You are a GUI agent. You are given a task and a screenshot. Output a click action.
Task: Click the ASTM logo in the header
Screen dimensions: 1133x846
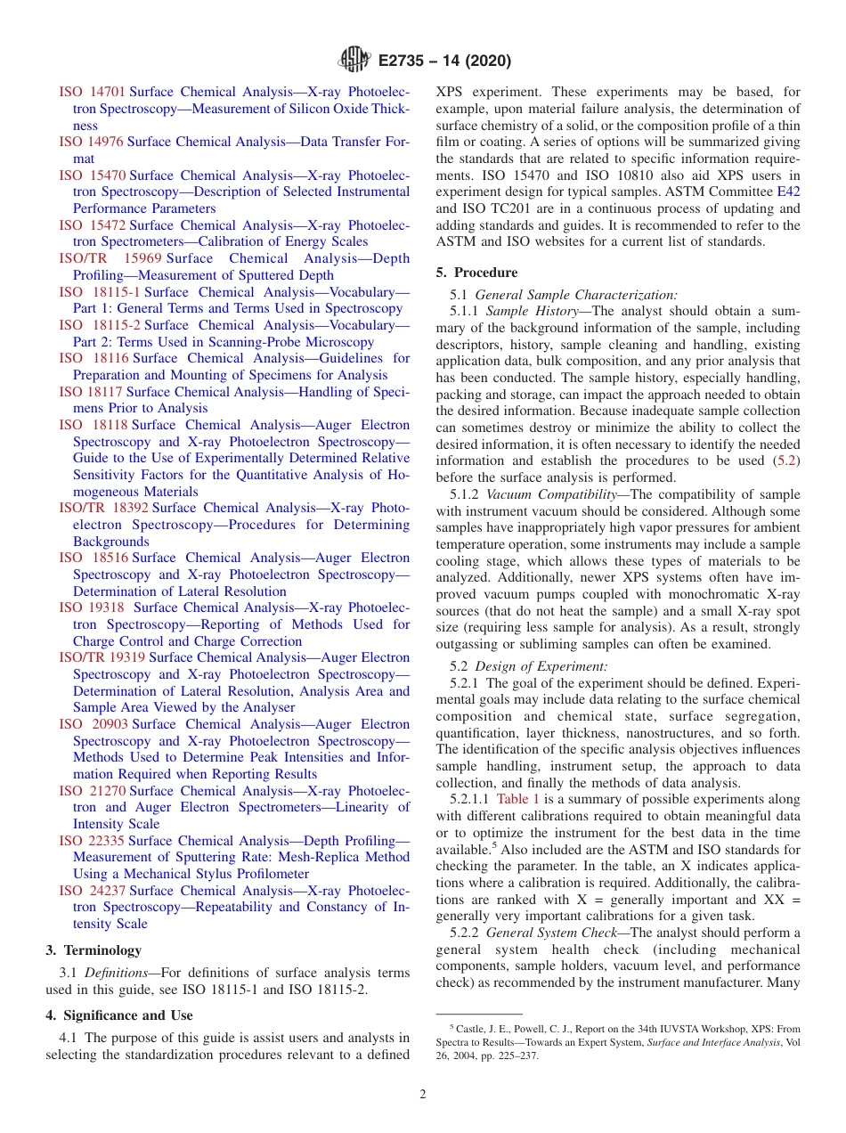point(354,61)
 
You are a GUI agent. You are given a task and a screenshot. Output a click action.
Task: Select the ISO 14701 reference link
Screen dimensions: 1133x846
point(92,92)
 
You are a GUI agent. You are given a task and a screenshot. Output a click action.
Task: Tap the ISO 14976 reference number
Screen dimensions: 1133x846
point(92,142)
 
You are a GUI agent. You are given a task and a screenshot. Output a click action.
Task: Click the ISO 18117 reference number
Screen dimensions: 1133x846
point(91,392)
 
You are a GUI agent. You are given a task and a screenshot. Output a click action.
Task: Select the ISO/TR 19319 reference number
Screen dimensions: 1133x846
point(102,657)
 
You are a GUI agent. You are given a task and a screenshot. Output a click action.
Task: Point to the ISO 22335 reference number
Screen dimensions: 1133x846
point(92,841)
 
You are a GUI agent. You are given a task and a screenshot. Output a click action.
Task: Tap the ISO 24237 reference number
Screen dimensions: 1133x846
point(92,891)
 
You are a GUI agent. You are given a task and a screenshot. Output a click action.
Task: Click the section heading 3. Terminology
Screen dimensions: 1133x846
point(94,950)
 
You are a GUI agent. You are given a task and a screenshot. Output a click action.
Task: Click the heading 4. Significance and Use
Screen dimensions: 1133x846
point(119,1015)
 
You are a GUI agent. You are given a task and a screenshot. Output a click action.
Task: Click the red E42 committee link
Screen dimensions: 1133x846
point(788,192)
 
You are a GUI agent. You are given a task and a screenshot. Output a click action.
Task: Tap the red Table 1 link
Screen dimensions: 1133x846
point(517,800)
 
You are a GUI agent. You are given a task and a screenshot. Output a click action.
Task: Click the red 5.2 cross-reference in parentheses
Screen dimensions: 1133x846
point(786,461)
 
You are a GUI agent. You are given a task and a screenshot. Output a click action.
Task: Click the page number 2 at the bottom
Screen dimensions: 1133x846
point(423,1095)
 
